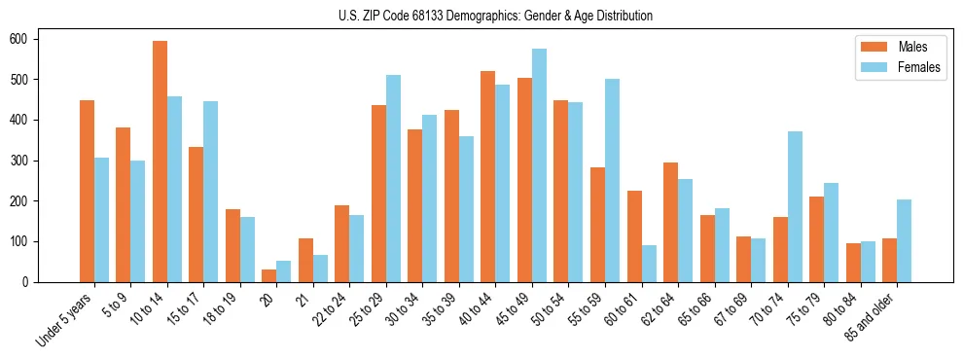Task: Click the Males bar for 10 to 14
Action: pos(160,162)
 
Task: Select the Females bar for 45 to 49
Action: pos(539,165)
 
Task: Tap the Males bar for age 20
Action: pos(269,275)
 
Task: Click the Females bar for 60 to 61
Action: pos(649,264)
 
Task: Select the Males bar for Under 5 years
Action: pos(87,191)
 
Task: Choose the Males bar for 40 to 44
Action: pos(488,176)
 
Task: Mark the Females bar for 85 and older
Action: pos(904,240)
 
